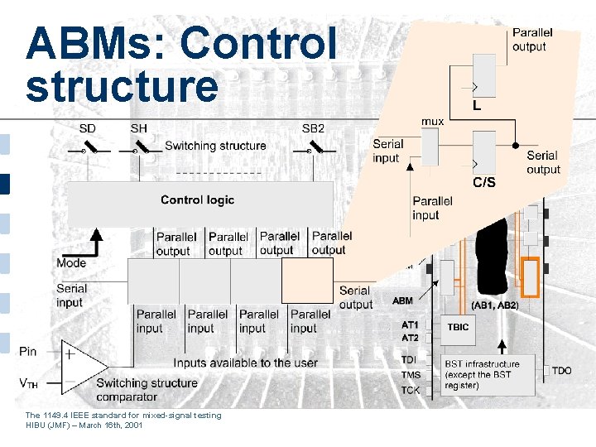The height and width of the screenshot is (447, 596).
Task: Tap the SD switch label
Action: (x=87, y=128)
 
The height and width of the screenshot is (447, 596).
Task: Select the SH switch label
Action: (x=138, y=128)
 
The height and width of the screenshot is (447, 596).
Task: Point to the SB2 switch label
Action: (x=313, y=128)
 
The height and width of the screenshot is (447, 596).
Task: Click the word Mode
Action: (x=71, y=263)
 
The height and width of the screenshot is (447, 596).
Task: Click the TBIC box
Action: (x=458, y=327)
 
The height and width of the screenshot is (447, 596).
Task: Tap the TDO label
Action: (x=561, y=370)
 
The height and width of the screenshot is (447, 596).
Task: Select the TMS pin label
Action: (x=411, y=375)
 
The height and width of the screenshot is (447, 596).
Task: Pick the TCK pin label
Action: (x=411, y=389)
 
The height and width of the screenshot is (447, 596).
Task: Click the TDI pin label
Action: (x=410, y=359)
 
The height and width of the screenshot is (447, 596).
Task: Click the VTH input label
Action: (x=29, y=383)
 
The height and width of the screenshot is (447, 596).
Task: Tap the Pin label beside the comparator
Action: (x=28, y=352)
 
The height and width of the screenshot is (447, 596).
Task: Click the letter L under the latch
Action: (x=477, y=106)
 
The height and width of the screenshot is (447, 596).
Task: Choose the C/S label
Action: (x=483, y=182)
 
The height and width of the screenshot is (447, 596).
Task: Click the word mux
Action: (x=433, y=122)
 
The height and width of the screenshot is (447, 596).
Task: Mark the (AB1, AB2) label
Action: (x=494, y=305)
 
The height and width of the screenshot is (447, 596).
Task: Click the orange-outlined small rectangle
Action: (x=531, y=277)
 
